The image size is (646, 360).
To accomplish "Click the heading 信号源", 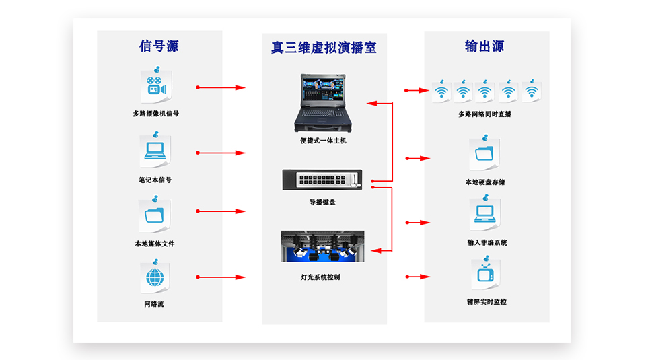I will click(x=159, y=46).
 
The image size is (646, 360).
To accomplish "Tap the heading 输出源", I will click(x=485, y=46).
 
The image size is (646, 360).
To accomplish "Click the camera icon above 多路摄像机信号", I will click(x=156, y=87).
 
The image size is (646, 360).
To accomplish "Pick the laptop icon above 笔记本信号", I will click(x=155, y=152).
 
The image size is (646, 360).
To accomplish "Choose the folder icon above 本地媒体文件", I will click(x=155, y=215).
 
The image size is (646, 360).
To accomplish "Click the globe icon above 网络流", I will click(x=155, y=277).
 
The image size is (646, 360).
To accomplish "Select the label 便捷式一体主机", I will click(x=323, y=141).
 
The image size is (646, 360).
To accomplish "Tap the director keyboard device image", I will click(x=322, y=180).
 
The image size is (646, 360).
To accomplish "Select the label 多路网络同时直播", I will click(x=485, y=114).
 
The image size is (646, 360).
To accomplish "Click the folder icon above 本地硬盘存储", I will click(x=485, y=154).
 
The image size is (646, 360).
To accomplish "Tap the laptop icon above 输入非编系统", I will click(x=485, y=214).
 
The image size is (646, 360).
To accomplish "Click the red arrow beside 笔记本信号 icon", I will click(x=221, y=153).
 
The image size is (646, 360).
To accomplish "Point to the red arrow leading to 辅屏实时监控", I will click(x=417, y=276).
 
